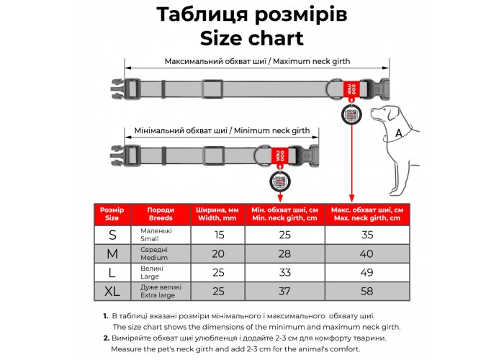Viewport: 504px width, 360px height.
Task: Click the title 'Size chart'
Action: pos(252,37)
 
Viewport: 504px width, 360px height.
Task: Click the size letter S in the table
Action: pos(112,235)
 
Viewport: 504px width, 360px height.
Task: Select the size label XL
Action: pos(112,291)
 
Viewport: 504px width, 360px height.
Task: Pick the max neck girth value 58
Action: pos(366,291)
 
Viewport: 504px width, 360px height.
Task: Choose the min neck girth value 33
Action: pos(284,272)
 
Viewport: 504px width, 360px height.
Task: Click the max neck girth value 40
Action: pos(366,253)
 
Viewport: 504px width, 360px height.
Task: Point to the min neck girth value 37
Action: pos(284,291)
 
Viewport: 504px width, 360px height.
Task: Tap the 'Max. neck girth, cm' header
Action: pos(366,214)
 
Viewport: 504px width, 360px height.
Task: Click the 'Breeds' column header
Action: pos(161,214)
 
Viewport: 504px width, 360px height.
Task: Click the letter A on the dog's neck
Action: pos(398,133)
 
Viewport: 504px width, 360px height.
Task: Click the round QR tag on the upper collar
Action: pos(351,114)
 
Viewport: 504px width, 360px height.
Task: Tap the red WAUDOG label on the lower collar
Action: pos(278,155)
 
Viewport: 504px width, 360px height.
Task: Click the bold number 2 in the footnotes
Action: pos(106,338)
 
